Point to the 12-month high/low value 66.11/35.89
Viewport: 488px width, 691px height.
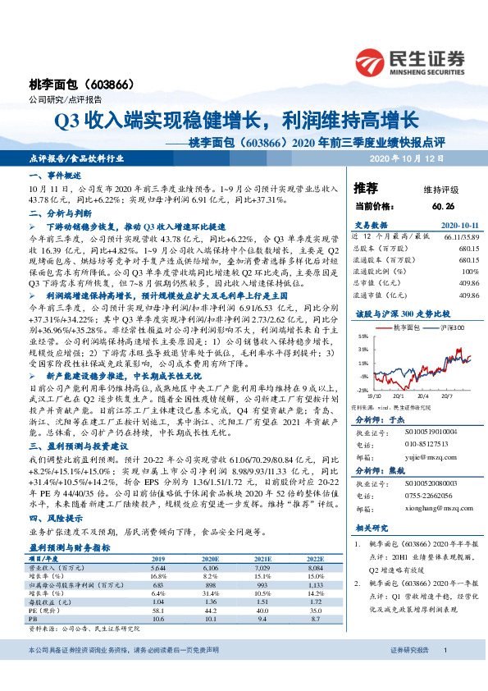point(462,236)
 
